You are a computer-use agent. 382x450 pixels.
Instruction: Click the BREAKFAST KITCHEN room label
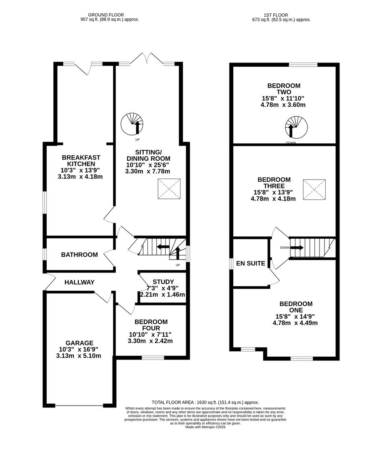click(x=81, y=160)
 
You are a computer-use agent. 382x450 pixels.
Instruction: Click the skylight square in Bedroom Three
click(x=314, y=190)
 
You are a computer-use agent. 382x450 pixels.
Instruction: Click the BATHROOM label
click(x=80, y=255)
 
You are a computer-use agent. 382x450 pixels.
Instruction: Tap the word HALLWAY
click(x=80, y=282)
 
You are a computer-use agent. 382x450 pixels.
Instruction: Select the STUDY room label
click(x=163, y=282)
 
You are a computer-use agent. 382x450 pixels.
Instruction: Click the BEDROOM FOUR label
click(x=151, y=325)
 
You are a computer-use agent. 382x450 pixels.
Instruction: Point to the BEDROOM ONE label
click(x=296, y=307)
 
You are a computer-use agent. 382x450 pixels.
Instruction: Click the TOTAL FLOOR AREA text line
click(x=205, y=402)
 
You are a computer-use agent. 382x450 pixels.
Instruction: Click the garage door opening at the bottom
click(x=79, y=405)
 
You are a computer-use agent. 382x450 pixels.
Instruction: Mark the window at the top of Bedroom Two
click(x=303, y=65)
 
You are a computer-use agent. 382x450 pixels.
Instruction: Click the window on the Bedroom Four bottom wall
click(x=153, y=357)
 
